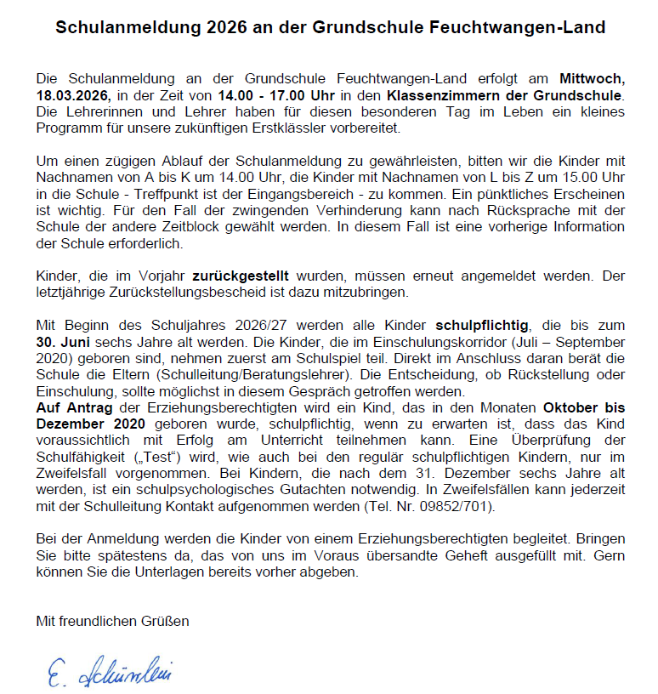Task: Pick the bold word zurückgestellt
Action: click(240, 276)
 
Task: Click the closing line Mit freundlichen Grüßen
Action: click(112, 621)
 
